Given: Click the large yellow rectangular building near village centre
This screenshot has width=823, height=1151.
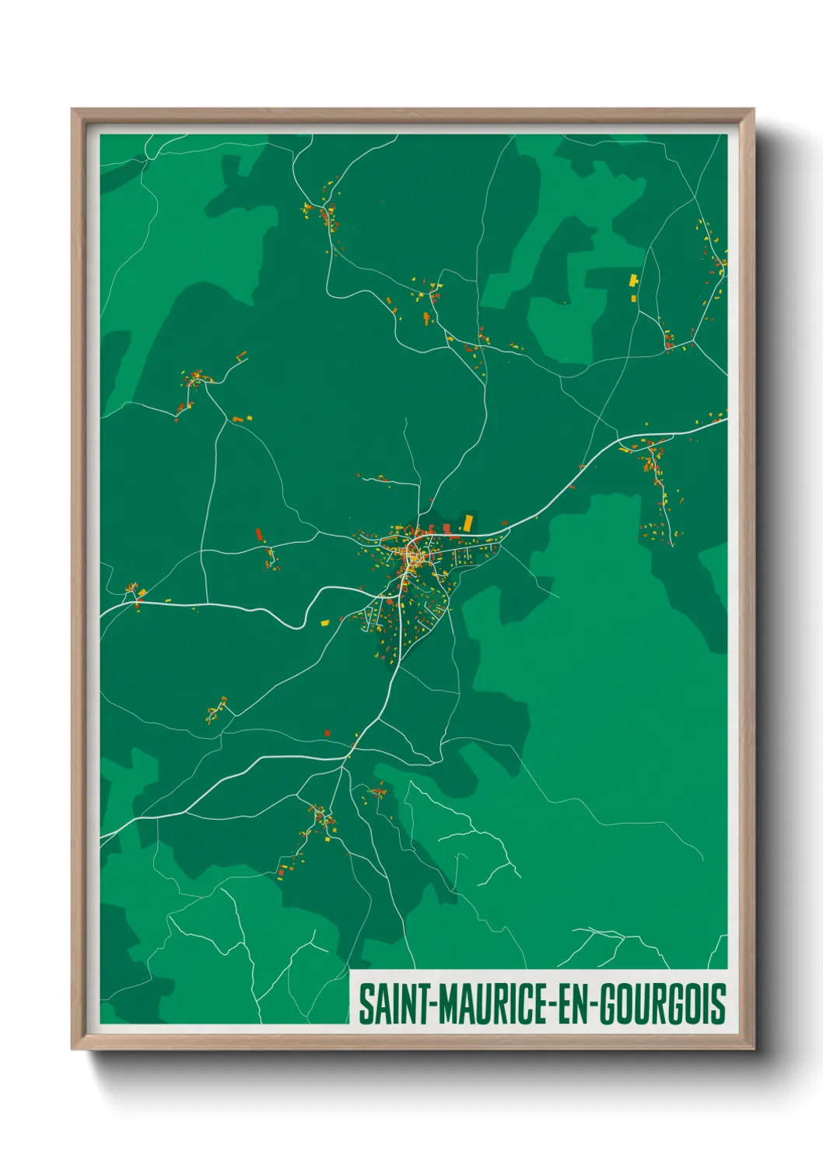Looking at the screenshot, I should tap(468, 522).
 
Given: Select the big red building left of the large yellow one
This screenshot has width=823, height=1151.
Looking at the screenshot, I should tap(447, 529).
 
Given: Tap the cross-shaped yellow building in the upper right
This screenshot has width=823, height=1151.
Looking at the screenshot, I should tap(634, 279).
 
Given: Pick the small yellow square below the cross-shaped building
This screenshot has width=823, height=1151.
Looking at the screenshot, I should tap(632, 297).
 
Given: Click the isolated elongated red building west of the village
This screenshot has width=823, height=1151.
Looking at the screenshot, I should tap(259, 534).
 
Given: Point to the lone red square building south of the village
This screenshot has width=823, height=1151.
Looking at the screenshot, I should tap(327, 733).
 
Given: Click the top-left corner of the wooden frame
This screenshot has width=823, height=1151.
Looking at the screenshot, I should tap(72, 110).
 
